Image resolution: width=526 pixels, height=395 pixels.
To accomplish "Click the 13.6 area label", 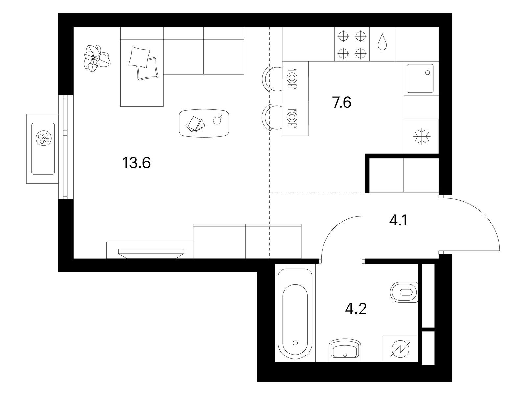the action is coord(136,163).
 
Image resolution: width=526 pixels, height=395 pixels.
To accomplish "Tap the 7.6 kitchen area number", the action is coord(342,102).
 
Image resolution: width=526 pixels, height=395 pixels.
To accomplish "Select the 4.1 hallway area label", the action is coord(398,220).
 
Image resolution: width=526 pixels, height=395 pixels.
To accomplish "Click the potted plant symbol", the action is coord(97,58).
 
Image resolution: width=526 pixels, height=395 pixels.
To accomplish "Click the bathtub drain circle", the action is coord(295,343).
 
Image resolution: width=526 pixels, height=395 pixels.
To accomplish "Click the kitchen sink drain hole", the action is coord(427,72).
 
